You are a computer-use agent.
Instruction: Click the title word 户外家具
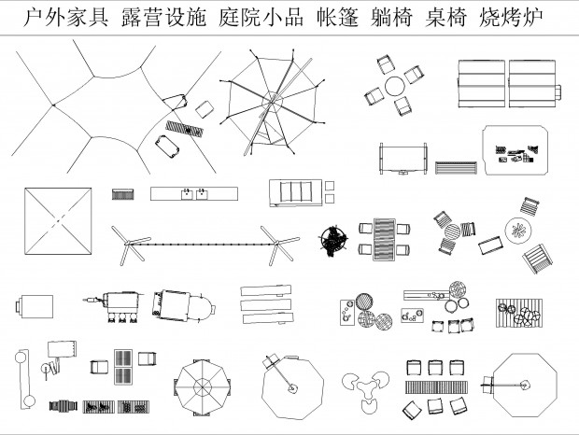(x=65, y=18)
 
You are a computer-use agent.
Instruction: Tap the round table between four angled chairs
(x=395, y=85)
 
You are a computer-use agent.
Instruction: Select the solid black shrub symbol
(x=333, y=240)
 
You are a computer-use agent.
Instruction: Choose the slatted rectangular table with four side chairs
(x=384, y=238)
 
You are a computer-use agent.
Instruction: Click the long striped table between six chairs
(x=435, y=386)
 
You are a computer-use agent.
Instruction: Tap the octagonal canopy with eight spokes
(x=202, y=387)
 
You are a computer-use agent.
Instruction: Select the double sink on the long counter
(x=196, y=194)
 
